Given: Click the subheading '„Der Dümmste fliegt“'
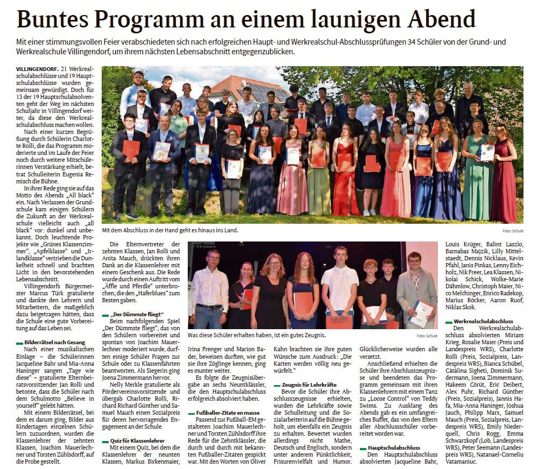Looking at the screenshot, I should coord(136,314).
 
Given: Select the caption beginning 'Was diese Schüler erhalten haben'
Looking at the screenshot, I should coord(256,335).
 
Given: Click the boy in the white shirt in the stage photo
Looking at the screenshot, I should coord(339,285).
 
